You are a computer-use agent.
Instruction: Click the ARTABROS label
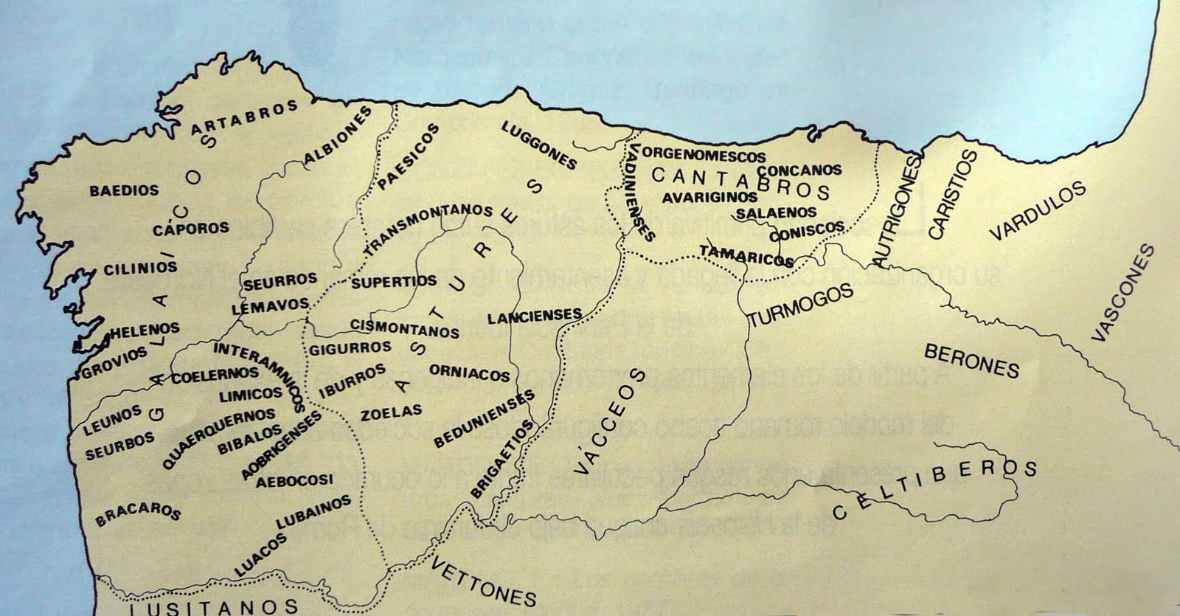(x=244, y=117)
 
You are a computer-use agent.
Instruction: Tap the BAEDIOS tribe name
(x=124, y=190)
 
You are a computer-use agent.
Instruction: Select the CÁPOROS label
(x=191, y=229)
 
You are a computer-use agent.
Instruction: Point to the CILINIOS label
(x=139, y=268)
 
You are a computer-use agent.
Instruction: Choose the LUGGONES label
(x=538, y=145)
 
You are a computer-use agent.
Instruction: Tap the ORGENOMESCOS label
(x=704, y=156)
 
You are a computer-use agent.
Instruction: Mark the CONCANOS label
(x=799, y=170)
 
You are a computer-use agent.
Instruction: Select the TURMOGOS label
(x=800, y=305)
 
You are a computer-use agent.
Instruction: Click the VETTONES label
(x=482, y=582)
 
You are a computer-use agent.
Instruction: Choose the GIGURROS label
(x=350, y=347)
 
